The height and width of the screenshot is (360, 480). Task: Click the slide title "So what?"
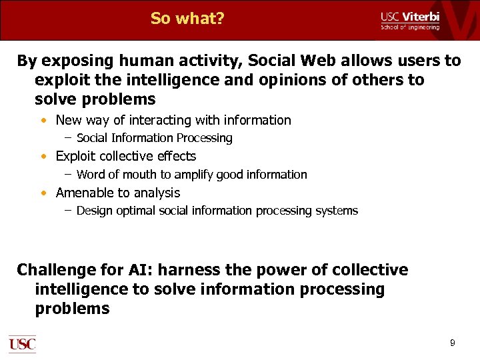point(187,18)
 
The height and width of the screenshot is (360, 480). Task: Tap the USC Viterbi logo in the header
point(409,20)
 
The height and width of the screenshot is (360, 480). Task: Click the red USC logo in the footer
point(22,344)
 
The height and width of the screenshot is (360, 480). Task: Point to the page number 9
point(453,343)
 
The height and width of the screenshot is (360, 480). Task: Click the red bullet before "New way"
point(43,121)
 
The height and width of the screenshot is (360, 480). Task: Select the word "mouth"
point(139,175)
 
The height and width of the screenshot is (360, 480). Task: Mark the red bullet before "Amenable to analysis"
point(43,193)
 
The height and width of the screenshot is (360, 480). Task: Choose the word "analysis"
point(157,193)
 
